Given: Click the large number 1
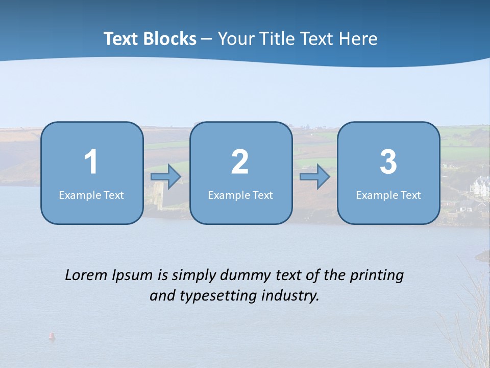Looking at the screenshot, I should (91, 162).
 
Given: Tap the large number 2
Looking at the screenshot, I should (240, 162).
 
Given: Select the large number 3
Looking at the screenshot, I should (388, 162).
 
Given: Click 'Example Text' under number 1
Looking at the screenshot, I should (91, 195).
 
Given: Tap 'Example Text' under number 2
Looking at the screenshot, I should (240, 195).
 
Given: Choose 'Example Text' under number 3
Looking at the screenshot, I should (388, 195).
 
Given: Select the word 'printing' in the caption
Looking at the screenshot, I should (377, 275).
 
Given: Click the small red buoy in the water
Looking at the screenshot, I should (51, 336).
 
